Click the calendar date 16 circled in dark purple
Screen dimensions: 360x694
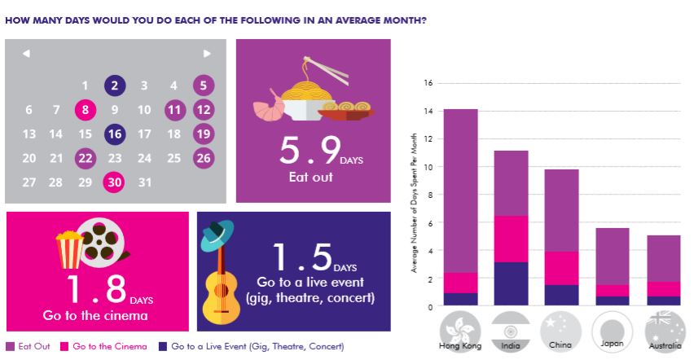(x=115, y=134)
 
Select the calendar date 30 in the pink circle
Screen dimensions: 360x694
(x=115, y=182)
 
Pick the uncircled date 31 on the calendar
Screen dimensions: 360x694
(x=144, y=182)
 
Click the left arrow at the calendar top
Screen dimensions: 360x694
(x=26, y=54)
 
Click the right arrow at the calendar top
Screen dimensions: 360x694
(x=207, y=54)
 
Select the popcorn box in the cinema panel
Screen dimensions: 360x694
(x=68, y=248)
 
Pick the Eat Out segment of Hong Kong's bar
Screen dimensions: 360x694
(x=459, y=191)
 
